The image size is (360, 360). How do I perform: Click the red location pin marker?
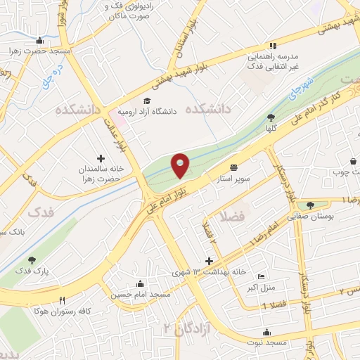(x=181, y=166)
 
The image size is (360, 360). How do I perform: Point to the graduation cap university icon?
(x=146, y=101)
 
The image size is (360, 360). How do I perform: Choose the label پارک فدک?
(x=32, y=270)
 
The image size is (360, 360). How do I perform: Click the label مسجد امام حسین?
(x=141, y=294)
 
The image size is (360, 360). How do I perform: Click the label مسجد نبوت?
(x=266, y=342)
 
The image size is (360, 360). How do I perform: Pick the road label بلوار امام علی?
(x=171, y=196)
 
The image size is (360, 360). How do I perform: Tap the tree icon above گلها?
(x=271, y=117)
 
